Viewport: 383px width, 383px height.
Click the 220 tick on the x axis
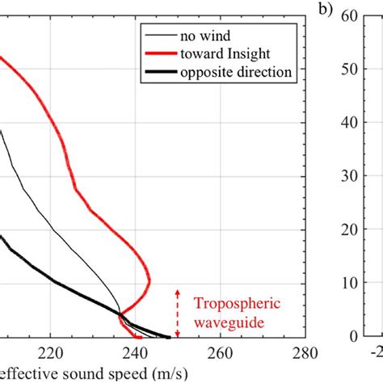50,352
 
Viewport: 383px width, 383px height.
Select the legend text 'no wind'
202,36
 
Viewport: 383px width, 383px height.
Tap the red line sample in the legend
160,54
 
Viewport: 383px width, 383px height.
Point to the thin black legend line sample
160,36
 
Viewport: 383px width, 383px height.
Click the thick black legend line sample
160,72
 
